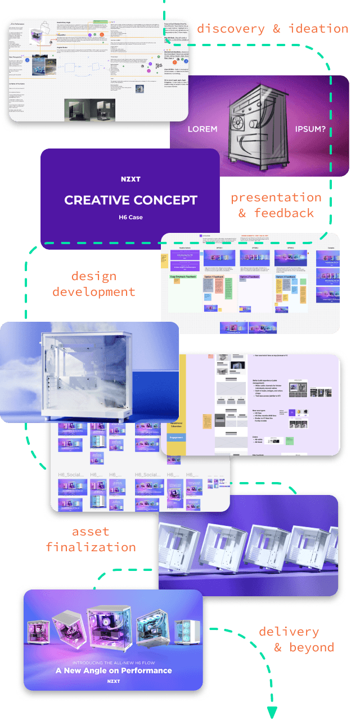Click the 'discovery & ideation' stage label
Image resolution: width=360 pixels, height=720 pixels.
[273, 29]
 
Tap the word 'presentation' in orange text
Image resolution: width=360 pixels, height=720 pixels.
[276, 197]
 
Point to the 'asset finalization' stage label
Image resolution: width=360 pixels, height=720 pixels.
[91, 539]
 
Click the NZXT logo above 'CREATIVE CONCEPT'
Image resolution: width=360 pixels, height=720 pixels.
[130, 179]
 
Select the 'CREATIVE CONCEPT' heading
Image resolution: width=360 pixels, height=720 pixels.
[130, 200]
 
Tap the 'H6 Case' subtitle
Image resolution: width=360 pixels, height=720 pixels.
[130, 217]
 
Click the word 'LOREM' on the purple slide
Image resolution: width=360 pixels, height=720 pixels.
[202, 129]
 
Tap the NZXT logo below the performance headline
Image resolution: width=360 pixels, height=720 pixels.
[114, 682]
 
